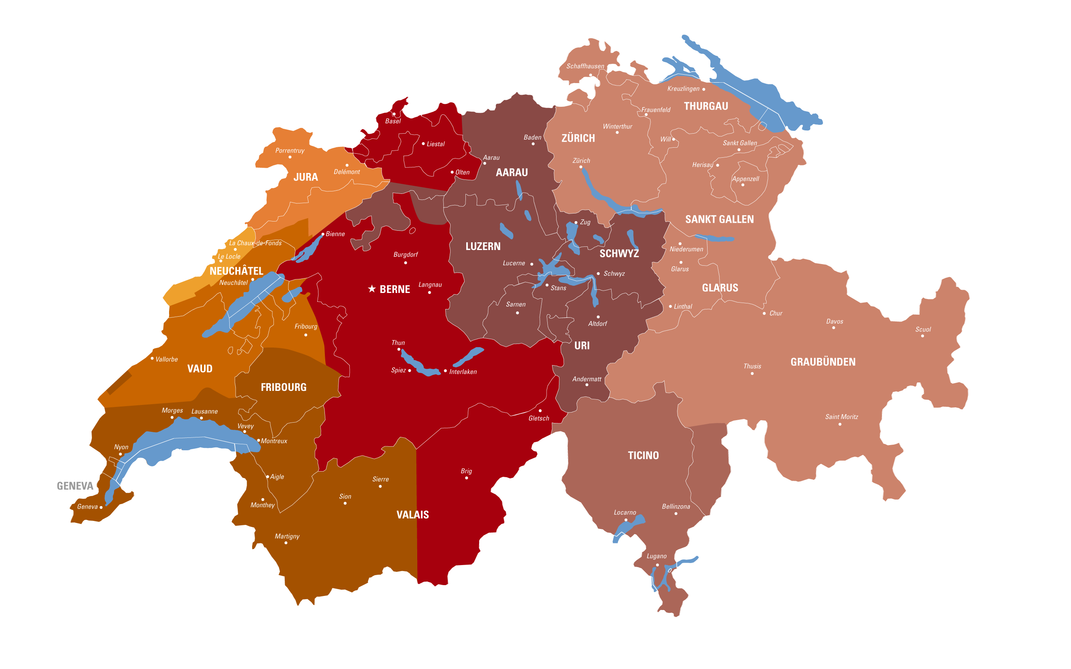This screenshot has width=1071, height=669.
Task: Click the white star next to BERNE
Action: click(372, 289)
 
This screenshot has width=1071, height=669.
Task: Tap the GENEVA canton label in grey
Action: click(75, 486)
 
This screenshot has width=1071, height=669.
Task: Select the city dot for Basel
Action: click(394, 114)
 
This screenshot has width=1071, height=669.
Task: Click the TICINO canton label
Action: click(643, 455)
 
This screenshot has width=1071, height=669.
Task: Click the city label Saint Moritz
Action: click(841, 417)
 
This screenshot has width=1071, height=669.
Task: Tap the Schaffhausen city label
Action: click(585, 66)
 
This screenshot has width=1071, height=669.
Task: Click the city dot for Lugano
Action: click(657, 565)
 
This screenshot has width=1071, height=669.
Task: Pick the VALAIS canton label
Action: click(413, 514)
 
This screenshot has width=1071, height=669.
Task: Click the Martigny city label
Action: click(287, 536)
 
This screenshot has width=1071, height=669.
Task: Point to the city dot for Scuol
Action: click(922, 336)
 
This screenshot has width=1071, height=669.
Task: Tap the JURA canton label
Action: click(306, 177)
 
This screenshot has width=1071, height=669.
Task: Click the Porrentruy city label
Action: click(290, 150)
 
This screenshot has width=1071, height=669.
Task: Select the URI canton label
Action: click(582, 346)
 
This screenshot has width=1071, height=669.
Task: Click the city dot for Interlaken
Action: click(445, 371)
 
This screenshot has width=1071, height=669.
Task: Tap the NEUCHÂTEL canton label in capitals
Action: click(236, 271)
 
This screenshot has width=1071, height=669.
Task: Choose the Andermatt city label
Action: click(587, 379)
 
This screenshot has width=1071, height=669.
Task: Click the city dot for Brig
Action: click(466, 478)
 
